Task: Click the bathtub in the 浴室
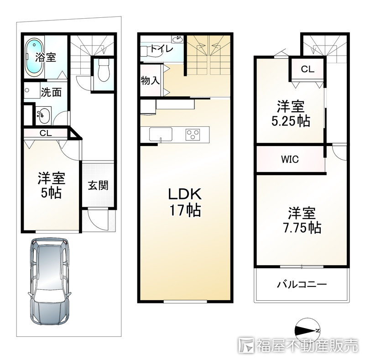pyautogui.click(x=34, y=57)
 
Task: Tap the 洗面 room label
pyautogui.click(x=51, y=93)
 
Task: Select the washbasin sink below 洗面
pyautogui.click(x=43, y=115)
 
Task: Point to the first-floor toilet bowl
pyautogui.click(x=104, y=70)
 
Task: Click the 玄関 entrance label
pyautogui.click(x=98, y=185)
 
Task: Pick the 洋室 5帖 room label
pyautogui.click(x=51, y=185)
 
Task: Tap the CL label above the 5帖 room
pyautogui.click(x=46, y=133)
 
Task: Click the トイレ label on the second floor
pyautogui.click(x=162, y=49)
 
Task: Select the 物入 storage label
pyautogui.click(x=150, y=81)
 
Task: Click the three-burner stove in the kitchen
pyautogui.click(x=193, y=135)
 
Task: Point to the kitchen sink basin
pyautogui.click(x=161, y=134)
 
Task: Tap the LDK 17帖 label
pyautogui.click(x=185, y=202)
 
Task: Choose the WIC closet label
pyautogui.click(x=290, y=159)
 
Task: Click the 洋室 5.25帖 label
pyautogui.click(x=291, y=114)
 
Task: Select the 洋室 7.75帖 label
pyautogui.click(x=302, y=220)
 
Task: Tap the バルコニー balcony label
pyautogui.click(x=302, y=284)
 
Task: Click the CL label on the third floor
pyautogui.click(x=308, y=69)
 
